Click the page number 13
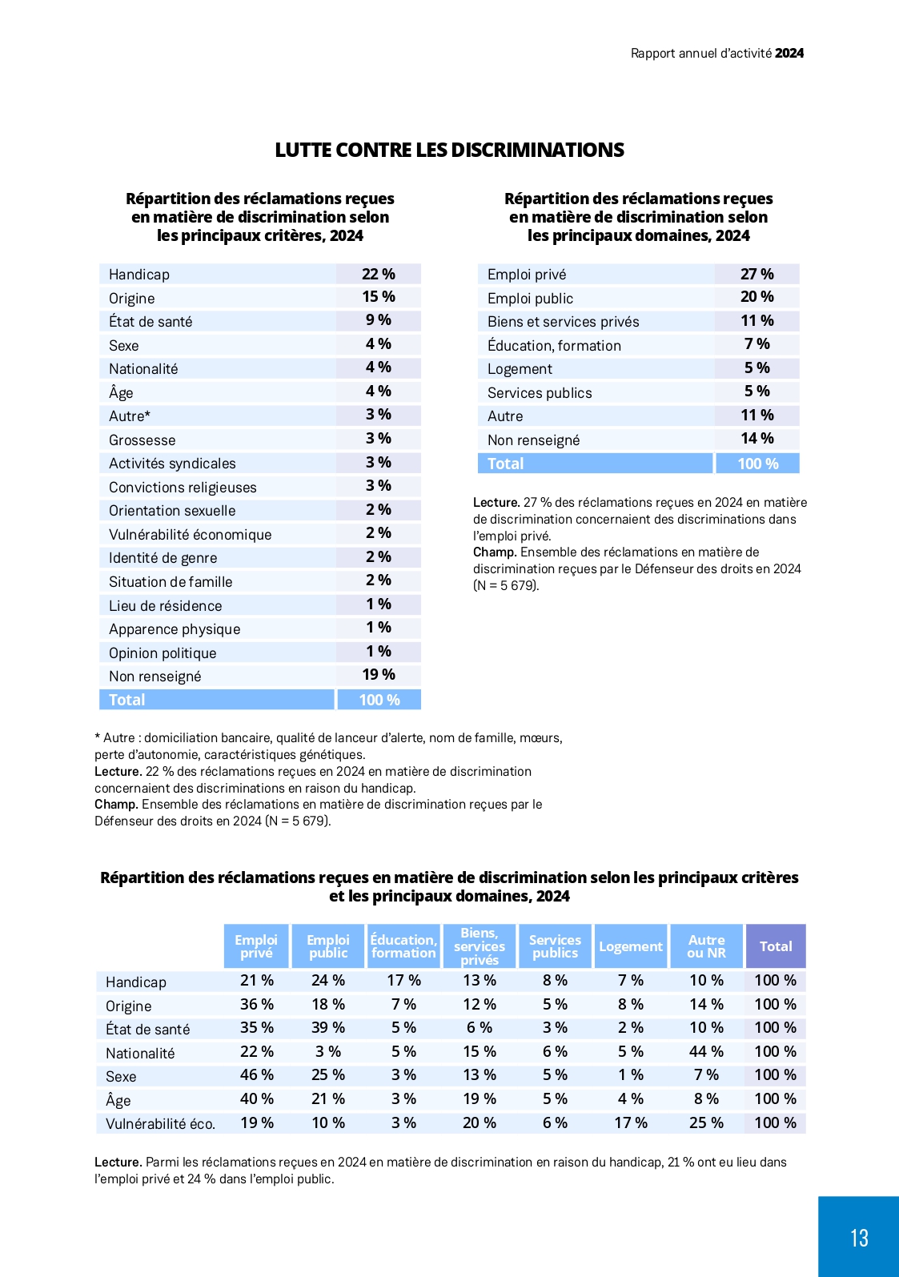859,1238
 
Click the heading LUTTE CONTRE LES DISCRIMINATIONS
449,150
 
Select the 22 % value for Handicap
379,274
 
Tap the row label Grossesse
142,440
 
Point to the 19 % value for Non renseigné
379,674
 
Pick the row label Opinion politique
163,653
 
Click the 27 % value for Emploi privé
757,274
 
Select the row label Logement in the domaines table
520,369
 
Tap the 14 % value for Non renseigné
757,439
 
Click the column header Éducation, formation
403,946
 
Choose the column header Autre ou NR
706,946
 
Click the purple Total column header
776,946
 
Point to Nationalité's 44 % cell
706,1051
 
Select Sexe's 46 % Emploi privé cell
256,1074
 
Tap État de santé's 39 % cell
327,1027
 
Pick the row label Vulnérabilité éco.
160,1123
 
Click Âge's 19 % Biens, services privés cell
480,1098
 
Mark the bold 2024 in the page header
789,53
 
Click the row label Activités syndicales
172,464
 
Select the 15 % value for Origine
379,296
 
